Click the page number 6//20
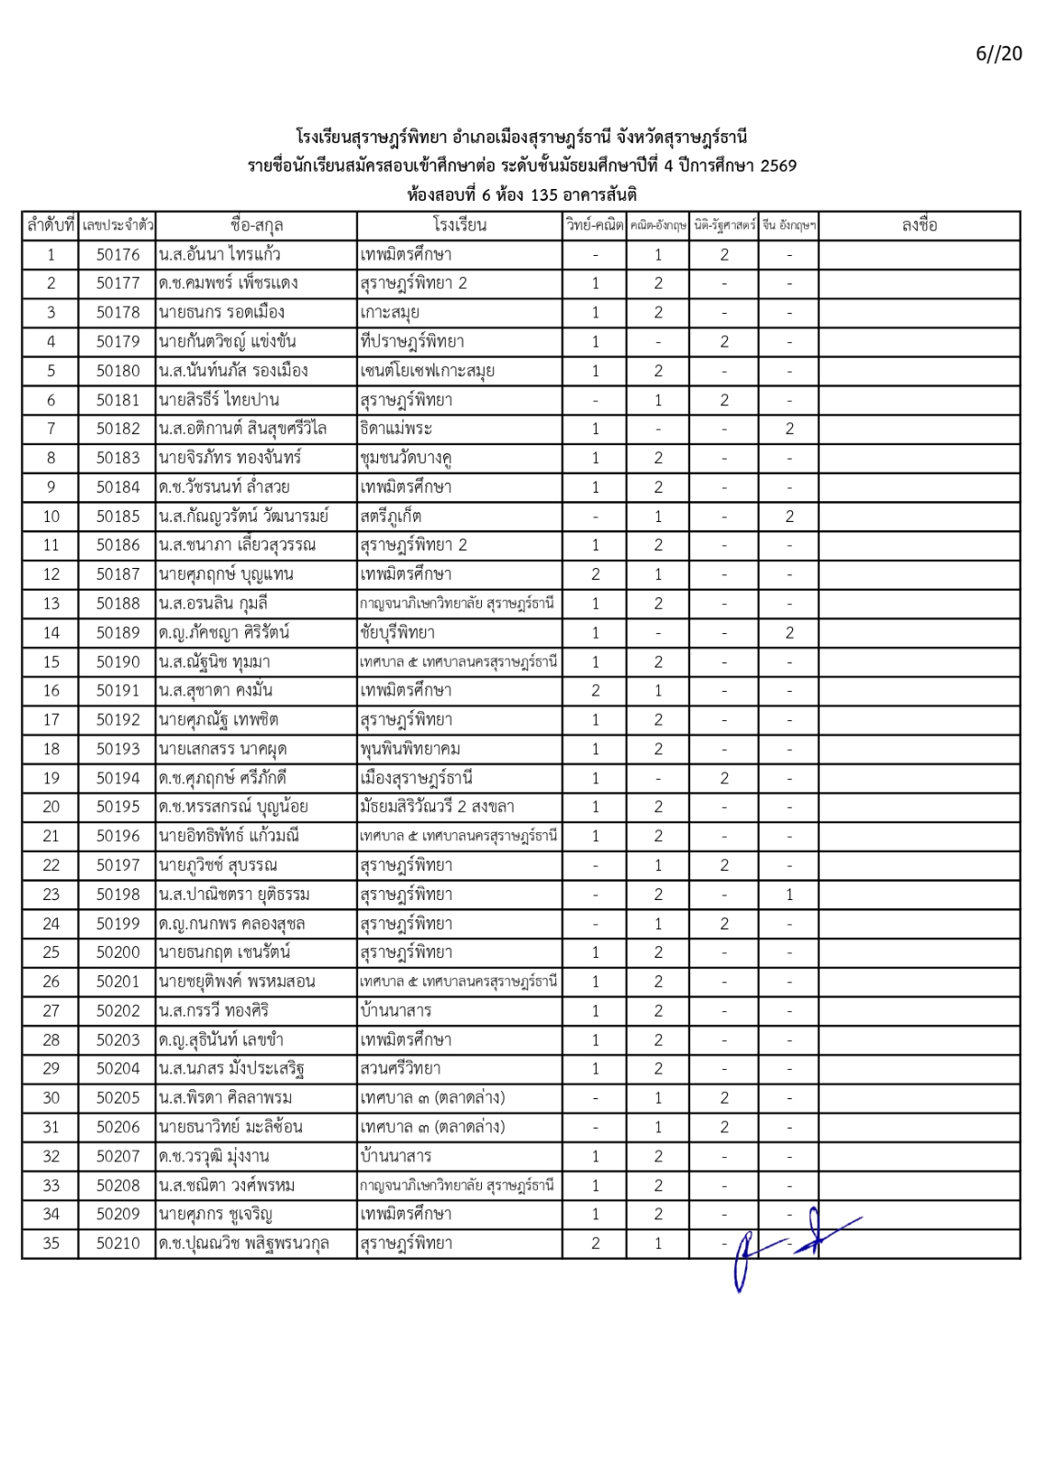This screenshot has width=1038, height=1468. [998, 53]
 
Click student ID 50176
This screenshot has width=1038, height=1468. [117, 254]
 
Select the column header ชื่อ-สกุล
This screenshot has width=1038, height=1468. [256, 225]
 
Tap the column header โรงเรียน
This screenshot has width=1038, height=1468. [459, 225]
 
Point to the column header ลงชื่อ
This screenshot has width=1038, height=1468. [919, 225]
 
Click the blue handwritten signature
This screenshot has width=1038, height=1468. [789, 1243]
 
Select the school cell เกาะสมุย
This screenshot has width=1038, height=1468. [390, 312]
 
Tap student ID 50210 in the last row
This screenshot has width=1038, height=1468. [117, 1243]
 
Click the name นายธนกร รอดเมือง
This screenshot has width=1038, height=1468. [221, 312]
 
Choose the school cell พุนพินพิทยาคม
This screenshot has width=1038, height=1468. [410, 749]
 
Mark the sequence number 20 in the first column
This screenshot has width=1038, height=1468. [50, 806]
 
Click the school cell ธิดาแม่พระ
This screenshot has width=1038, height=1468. [396, 428]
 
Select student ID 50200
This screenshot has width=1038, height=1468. [117, 952]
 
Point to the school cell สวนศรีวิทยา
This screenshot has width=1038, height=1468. [400, 1068]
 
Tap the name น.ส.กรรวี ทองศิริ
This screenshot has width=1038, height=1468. [214, 1010]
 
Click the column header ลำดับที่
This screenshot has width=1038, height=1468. [50, 225]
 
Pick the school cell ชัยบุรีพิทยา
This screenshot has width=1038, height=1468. [397, 632]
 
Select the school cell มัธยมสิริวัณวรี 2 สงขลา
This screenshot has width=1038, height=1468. [437, 806]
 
